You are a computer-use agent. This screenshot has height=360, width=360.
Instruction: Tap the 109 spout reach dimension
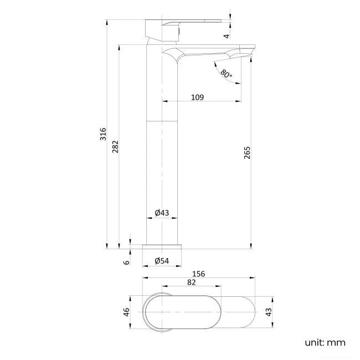click(x=197, y=97)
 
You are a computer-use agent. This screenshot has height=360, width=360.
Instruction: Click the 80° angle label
click(x=226, y=74)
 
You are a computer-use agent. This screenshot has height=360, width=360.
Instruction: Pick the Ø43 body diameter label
click(x=162, y=213)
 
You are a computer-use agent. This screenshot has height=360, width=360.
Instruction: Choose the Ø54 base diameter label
click(x=162, y=261)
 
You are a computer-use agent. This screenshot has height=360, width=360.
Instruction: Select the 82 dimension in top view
click(x=191, y=282)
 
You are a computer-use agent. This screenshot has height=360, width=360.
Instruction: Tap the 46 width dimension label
click(x=126, y=312)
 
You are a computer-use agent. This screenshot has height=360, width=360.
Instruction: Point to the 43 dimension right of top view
click(x=269, y=312)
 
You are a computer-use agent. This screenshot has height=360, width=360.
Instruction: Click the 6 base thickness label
click(x=126, y=261)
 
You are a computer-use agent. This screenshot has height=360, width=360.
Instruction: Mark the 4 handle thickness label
click(x=227, y=35)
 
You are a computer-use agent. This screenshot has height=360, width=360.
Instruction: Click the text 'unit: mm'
click(x=325, y=342)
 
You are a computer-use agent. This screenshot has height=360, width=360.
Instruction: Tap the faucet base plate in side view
click(x=162, y=247)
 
